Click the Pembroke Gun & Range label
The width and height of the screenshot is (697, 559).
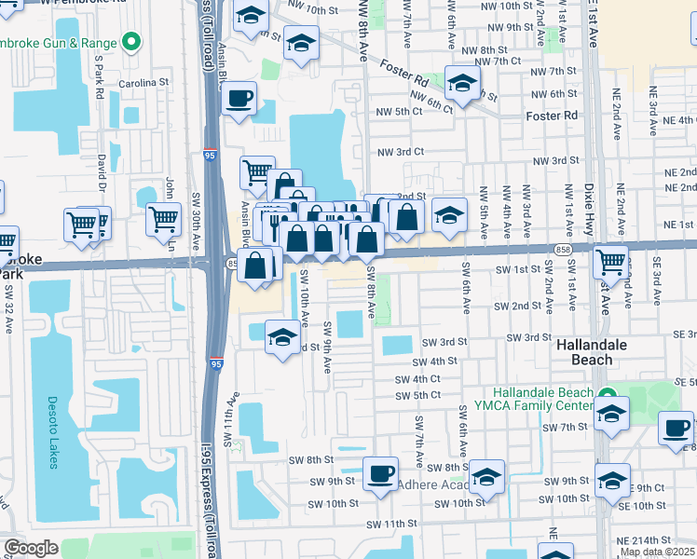tap(58, 43)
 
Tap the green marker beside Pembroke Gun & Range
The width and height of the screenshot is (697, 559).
tap(132, 42)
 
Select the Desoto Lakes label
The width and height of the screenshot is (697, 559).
tap(52, 433)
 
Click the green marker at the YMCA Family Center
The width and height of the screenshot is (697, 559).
tap(607, 395)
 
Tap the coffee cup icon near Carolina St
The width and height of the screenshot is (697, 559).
tap(239, 98)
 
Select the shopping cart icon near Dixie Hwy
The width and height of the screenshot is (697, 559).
tap(610, 261)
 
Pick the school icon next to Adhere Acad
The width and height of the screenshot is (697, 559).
tap(486, 478)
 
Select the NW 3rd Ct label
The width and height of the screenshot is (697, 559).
tap(401, 151)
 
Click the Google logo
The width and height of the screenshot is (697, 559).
tap(30, 548)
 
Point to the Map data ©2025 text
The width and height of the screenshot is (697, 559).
tap(657, 552)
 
